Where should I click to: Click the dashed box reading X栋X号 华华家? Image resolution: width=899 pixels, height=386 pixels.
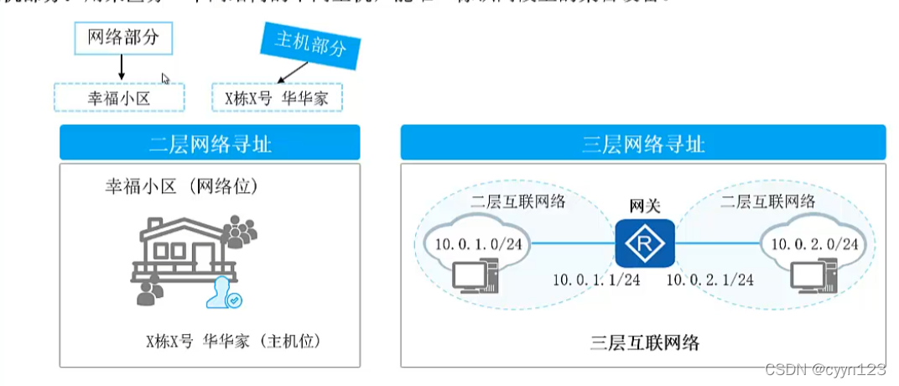point(278,97)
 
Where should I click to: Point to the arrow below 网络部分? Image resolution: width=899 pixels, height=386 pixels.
point(122,68)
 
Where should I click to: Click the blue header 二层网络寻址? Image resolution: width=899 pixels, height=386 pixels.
point(210,143)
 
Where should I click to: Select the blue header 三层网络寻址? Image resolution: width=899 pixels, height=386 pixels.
point(643,143)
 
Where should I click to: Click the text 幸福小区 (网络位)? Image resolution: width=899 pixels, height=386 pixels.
point(181,185)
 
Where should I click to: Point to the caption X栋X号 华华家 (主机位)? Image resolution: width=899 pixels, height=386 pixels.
point(233,342)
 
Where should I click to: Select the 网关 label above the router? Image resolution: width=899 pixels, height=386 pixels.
point(643,206)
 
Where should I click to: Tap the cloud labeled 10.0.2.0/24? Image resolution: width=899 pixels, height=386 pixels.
point(810,243)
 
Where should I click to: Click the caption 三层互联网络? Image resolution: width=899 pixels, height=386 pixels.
point(643,342)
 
